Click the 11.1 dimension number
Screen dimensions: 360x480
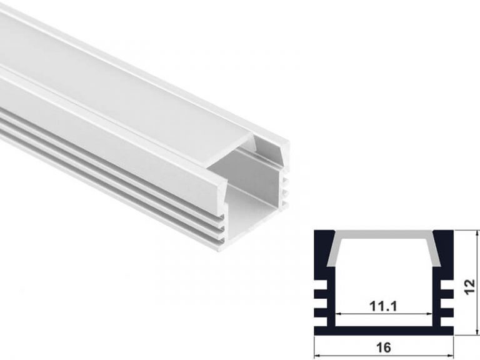tap(384, 306)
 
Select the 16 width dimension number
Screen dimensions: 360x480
tap(384, 347)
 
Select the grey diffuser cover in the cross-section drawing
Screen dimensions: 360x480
tap(384, 240)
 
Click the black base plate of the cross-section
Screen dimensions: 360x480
tap(384, 330)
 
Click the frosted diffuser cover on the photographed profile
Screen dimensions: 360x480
tap(125, 94)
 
